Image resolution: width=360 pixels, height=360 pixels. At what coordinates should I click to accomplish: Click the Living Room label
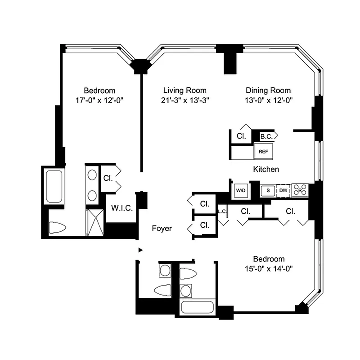[184, 90]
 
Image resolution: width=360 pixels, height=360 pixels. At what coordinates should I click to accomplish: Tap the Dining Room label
[268, 90]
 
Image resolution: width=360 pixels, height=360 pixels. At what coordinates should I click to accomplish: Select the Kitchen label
[266, 169]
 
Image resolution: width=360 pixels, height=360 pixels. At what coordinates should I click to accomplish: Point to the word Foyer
[162, 229]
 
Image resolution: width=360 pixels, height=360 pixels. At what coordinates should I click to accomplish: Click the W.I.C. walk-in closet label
[121, 208]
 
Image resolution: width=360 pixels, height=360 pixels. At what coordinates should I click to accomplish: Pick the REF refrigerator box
[263, 152]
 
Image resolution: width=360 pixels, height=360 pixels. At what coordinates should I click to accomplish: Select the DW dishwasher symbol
[283, 190]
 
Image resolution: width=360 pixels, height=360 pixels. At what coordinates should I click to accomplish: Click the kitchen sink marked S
[268, 190]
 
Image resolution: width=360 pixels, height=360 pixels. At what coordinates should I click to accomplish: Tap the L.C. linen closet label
[221, 211]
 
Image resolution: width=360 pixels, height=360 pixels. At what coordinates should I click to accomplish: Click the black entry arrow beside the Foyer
[140, 250]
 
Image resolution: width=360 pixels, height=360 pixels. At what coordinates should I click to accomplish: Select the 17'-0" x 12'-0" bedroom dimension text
[99, 101]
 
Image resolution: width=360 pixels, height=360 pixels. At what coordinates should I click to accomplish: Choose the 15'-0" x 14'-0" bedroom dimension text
[269, 269]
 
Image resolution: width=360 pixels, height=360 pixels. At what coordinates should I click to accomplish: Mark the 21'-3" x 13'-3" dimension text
[184, 101]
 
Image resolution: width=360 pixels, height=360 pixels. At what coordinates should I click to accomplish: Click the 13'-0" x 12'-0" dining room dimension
[268, 101]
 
